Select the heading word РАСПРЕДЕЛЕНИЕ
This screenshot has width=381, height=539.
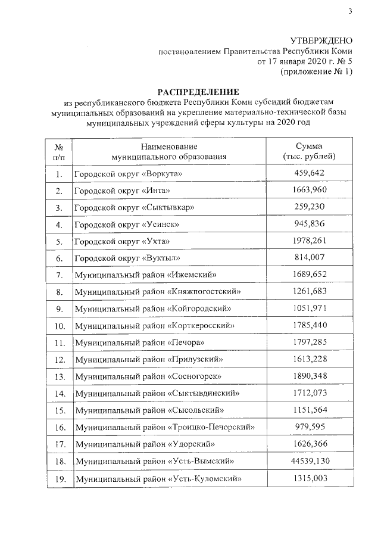(x=197, y=92)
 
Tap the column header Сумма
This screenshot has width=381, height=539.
(x=309, y=147)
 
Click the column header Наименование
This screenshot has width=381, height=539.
(x=169, y=147)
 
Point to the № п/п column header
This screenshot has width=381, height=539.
(x=58, y=151)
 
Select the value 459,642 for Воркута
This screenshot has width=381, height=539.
(x=309, y=173)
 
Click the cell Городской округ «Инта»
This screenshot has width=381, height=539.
(x=122, y=191)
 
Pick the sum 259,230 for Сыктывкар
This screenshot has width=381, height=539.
(x=309, y=207)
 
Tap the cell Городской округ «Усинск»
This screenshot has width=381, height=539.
(x=126, y=225)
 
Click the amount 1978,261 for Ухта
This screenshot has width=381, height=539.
(x=309, y=241)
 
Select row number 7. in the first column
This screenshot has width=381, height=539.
(x=58, y=275)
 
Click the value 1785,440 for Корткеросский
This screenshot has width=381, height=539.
(x=309, y=326)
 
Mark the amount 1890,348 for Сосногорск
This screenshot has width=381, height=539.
(x=309, y=376)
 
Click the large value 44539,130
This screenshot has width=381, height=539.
(x=309, y=461)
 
